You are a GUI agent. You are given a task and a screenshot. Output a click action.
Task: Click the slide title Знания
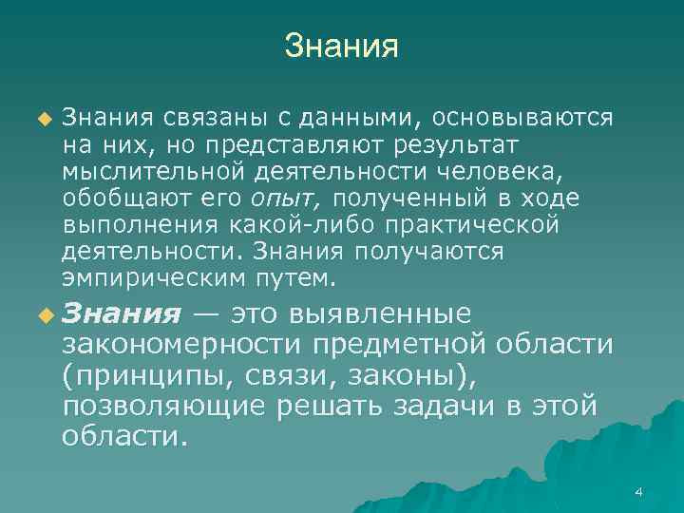pyautogui.click(x=341, y=46)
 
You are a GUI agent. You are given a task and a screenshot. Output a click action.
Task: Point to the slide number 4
pyautogui.click(x=638, y=491)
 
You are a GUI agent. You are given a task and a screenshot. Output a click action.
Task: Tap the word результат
pyautogui.click(x=443, y=144)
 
